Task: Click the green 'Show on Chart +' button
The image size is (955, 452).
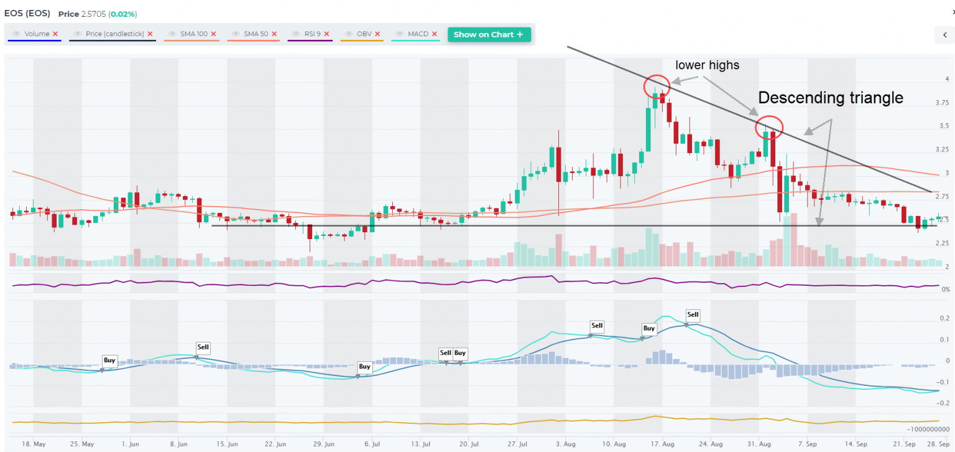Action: [489, 34]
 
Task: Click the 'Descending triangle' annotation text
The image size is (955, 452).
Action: [830, 98]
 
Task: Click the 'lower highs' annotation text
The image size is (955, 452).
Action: [708, 65]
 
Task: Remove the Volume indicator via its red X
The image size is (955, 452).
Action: [55, 34]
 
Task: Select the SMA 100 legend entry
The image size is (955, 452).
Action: [194, 34]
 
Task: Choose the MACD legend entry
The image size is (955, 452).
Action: [418, 34]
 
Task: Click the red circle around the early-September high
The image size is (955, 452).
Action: [769, 127]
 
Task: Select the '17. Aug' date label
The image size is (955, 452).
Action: [663, 445]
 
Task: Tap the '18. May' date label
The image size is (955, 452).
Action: [34, 445]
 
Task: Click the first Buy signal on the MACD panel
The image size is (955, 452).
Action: [109, 360]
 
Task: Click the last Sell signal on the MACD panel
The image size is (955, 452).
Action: [693, 314]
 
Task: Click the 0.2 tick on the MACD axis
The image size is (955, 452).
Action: [944, 318]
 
